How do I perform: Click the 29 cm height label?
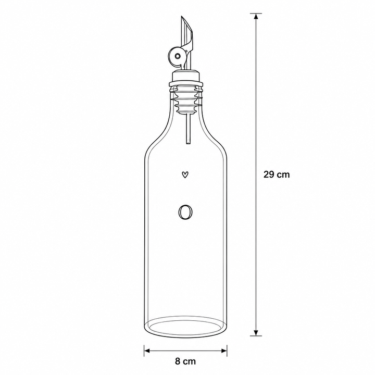[277, 174]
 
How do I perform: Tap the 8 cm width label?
[185, 361]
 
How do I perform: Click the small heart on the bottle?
[185, 175]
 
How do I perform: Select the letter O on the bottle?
[185, 212]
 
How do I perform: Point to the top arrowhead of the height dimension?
[256, 16]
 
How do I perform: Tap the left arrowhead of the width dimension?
[147, 351]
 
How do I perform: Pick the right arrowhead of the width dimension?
[224, 351]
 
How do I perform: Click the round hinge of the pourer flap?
[177, 56]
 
